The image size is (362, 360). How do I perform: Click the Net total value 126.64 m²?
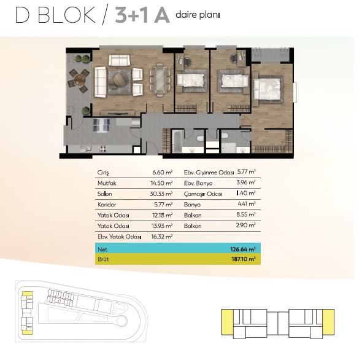click(x=242, y=249)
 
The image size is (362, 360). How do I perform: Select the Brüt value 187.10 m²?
click(x=244, y=259)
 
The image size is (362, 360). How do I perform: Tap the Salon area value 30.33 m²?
click(x=161, y=194)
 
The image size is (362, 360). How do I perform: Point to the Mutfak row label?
click(x=107, y=183)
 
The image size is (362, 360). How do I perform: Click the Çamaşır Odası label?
click(x=203, y=194)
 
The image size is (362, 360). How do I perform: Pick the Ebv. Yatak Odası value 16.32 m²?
click(x=162, y=237)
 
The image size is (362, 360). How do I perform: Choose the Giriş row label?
click(x=103, y=173)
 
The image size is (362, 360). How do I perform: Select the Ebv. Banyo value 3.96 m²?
click(x=246, y=182)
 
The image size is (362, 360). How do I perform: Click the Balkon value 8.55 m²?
click(x=246, y=214)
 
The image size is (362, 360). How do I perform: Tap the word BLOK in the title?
click(x=66, y=15)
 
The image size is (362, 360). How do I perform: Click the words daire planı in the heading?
click(x=198, y=15)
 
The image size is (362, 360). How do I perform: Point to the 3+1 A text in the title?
click(x=142, y=15)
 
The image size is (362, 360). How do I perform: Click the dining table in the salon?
click(x=160, y=80)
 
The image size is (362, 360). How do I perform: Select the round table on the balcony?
click(x=79, y=80)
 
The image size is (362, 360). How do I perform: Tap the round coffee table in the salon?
click(x=120, y=80)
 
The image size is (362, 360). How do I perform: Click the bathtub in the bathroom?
click(x=177, y=141)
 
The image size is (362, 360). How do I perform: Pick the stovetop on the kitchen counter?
click(x=102, y=149)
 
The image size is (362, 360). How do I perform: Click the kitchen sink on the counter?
click(x=86, y=149)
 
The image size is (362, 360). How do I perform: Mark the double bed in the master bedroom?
click(x=268, y=89)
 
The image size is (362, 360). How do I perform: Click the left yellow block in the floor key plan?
click(x=227, y=322)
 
